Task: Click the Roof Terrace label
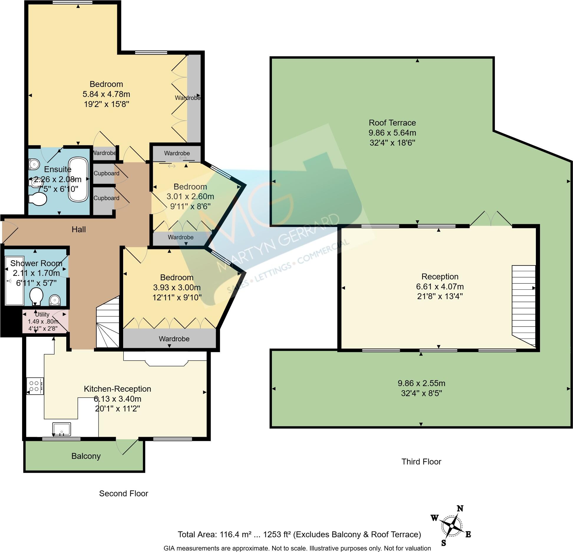[392, 123]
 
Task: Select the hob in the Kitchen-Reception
[35, 386]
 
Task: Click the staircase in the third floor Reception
[524, 305]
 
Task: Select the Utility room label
[42, 314]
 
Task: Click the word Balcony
[86, 456]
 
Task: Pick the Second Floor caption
[123, 493]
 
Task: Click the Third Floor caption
[421, 462]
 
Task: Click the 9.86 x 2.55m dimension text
[421, 383]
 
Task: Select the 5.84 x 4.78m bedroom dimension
[106, 94]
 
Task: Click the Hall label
[79, 229]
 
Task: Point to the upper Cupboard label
[106, 173]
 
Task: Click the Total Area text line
[299, 534]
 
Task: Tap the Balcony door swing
[127, 447]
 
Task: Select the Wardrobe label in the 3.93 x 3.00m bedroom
[174, 339]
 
